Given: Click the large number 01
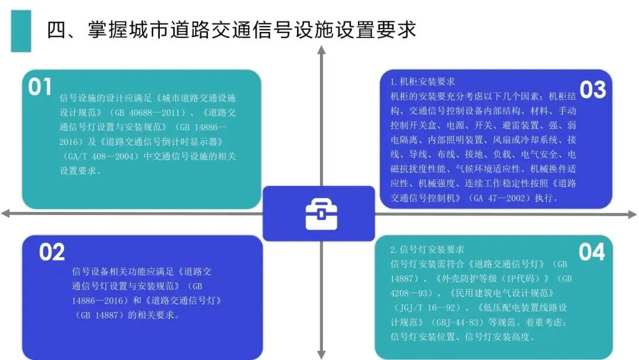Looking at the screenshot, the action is (x=40, y=88).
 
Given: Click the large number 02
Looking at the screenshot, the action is (x=52, y=253).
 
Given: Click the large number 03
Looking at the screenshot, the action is (x=592, y=91).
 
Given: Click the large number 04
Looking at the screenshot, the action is (x=592, y=253).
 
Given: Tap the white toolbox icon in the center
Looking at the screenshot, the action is (x=321, y=214).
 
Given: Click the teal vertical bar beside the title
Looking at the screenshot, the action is (x=21, y=30).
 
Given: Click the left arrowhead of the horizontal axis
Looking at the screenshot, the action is (x=5, y=213).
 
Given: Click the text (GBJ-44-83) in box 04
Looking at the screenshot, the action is (x=452, y=323).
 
